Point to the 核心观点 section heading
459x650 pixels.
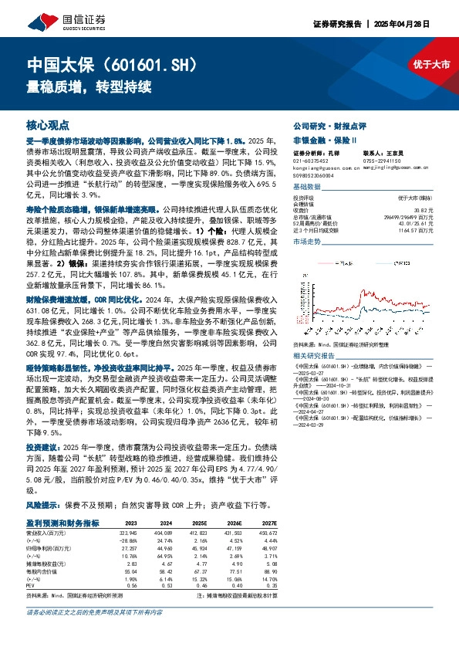(47, 124)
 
